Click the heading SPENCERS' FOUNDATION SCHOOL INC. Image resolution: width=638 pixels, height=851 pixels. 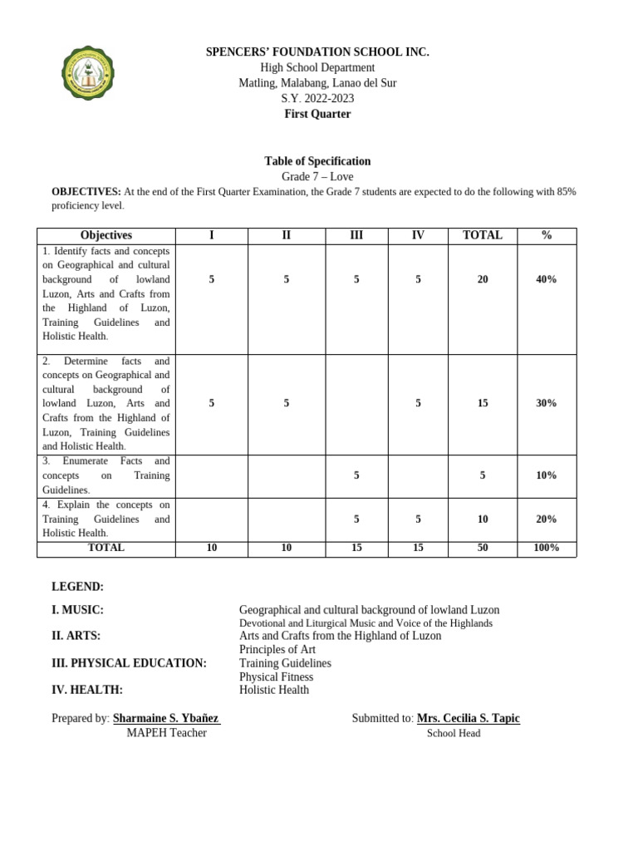[x=317, y=52]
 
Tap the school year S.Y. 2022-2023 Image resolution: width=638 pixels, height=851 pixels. [x=317, y=98]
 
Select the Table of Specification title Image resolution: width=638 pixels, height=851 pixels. [x=317, y=161]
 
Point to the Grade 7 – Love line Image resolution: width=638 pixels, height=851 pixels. [x=317, y=177]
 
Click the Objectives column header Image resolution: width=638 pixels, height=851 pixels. [x=106, y=235]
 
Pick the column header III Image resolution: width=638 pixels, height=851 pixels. [x=356, y=235]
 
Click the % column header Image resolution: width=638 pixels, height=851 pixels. [x=546, y=235]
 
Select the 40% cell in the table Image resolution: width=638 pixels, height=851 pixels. [x=546, y=279]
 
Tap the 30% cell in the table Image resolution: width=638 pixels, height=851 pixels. [x=546, y=403]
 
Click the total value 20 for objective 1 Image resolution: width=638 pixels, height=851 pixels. [x=483, y=279]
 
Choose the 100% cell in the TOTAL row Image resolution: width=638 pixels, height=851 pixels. [x=546, y=548]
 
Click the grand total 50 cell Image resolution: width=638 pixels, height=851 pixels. [x=483, y=548]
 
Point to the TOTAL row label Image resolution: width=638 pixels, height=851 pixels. [x=106, y=548]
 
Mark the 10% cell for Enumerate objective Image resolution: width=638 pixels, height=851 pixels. [x=546, y=475]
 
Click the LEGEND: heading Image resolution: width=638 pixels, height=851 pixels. [x=78, y=587]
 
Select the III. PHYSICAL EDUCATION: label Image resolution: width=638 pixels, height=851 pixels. [x=129, y=663]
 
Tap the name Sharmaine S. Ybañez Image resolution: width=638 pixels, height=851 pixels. [x=166, y=718]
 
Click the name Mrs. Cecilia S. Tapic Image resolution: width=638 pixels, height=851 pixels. [x=468, y=718]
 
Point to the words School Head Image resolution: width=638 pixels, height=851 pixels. [x=454, y=733]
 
